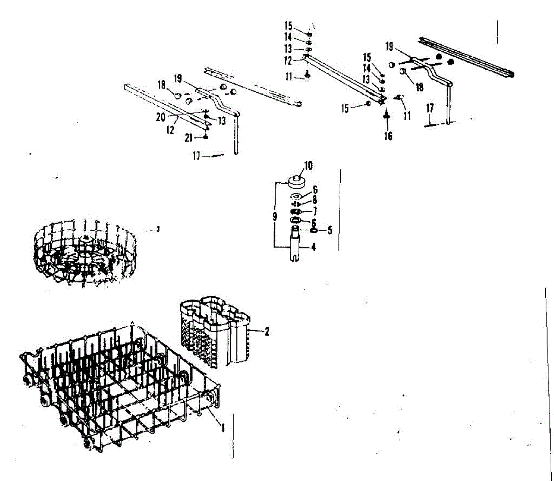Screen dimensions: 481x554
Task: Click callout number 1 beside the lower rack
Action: pos(223,428)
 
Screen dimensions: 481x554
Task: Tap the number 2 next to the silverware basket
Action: pos(266,331)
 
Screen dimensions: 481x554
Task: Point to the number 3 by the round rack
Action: pos(158,229)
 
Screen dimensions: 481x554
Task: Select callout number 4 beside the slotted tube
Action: pos(313,247)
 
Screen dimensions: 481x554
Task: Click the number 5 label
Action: pos(330,230)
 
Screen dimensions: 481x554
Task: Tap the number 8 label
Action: pos(315,200)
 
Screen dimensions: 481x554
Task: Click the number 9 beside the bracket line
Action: pos(275,216)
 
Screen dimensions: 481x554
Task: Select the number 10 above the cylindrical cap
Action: pos(308,165)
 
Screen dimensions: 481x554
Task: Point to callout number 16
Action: pos(388,136)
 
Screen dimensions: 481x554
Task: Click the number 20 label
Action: pos(160,117)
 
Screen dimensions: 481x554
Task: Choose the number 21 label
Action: pos(188,138)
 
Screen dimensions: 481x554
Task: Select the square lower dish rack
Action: pos(120,388)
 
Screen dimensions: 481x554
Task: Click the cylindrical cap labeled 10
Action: pos(296,180)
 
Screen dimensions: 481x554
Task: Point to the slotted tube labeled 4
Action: pos(295,245)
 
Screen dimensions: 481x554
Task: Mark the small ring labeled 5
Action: pos(313,230)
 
